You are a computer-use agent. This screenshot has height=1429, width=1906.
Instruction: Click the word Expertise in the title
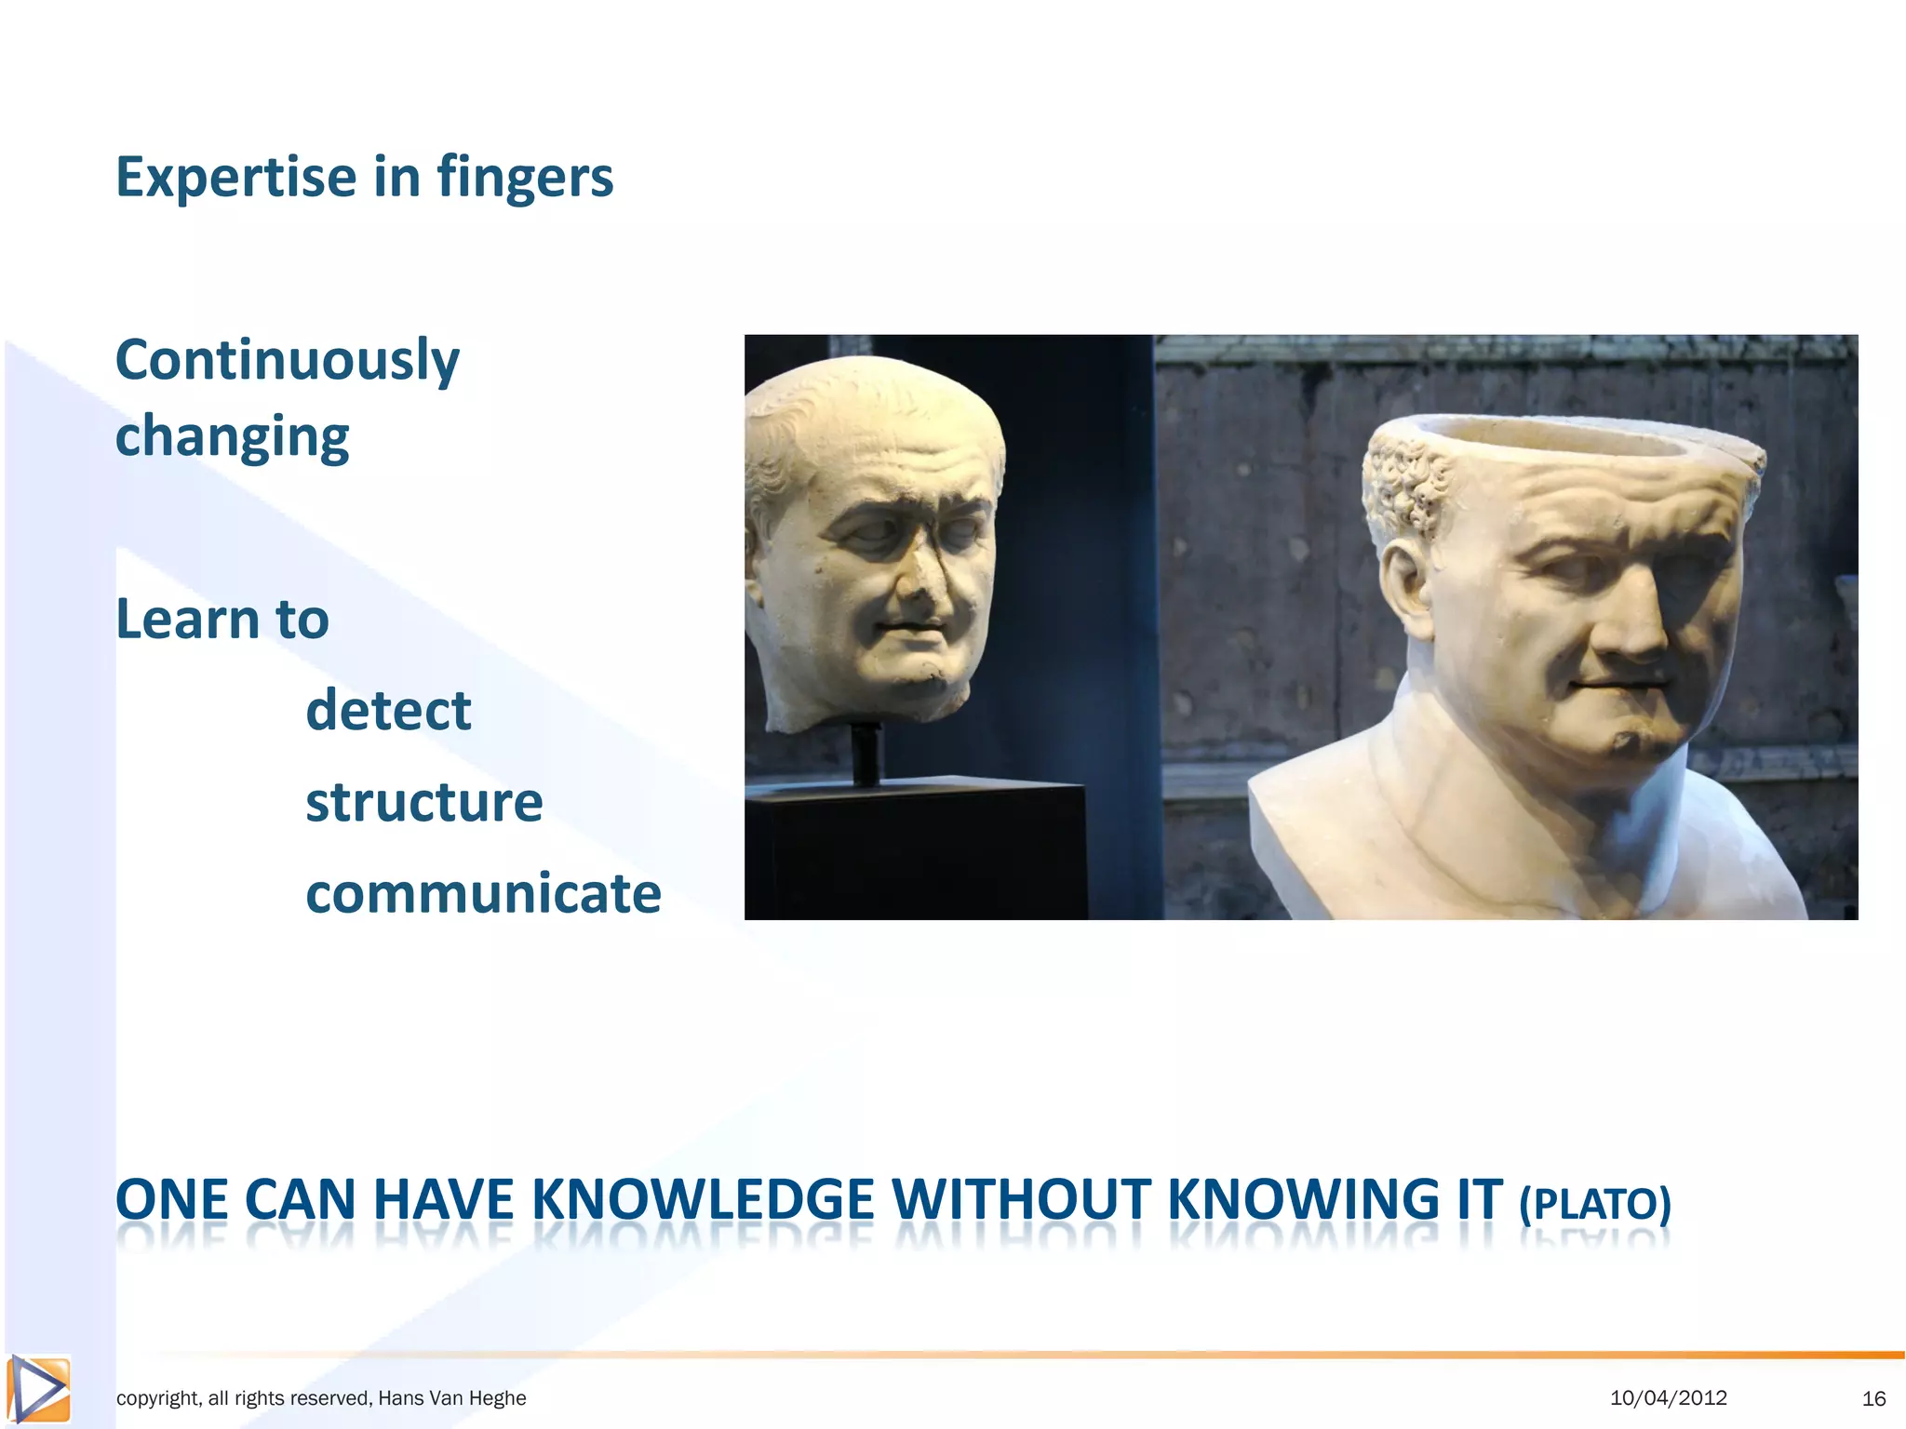[x=235, y=177]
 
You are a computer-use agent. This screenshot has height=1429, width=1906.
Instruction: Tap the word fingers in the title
[x=525, y=177]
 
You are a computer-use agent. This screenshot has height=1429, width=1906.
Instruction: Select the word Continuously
[x=287, y=361]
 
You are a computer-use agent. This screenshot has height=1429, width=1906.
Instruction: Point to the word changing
[x=232, y=437]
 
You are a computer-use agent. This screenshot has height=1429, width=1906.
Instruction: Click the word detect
[x=388, y=711]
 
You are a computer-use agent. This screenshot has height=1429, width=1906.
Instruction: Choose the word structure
[x=423, y=802]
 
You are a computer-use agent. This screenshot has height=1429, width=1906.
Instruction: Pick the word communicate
[x=483, y=893]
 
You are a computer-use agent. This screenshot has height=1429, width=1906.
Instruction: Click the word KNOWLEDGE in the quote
[x=703, y=1199]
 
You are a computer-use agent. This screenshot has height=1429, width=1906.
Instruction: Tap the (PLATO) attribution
[x=1594, y=1203]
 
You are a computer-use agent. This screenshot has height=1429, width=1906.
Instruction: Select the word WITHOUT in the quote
[x=1021, y=1199]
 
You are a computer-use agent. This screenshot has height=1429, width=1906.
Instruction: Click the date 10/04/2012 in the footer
[x=1668, y=1397]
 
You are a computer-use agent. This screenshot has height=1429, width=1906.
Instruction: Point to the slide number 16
[x=1873, y=1398]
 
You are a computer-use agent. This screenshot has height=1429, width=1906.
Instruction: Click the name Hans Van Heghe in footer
[x=452, y=1398]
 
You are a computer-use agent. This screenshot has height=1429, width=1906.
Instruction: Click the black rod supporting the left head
[x=866, y=754]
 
